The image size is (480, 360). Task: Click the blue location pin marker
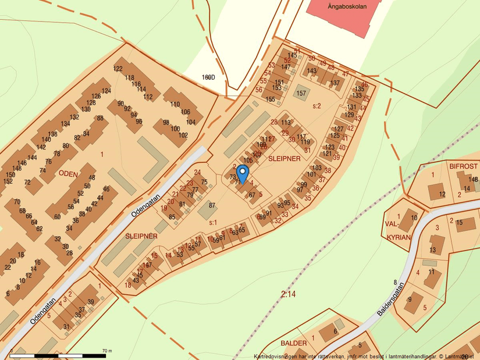coord(243,174)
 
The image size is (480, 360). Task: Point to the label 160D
coord(208,77)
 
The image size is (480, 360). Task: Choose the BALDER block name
coord(293,343)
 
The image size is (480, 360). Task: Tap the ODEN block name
coord(67,173)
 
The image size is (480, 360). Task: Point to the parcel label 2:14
coord(288,294)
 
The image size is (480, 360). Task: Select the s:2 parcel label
coord(317,106)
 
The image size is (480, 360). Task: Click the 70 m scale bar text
coord(106,351)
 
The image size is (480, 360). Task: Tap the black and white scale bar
coord(58,355)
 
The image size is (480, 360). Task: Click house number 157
coord(301,93)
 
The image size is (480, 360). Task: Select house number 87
coord(212,205)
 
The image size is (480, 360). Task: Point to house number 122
coord(118,69)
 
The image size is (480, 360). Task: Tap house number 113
coord(285,123)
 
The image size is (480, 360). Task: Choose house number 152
coord(8,181)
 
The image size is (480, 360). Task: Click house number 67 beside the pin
coord(252,195)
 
